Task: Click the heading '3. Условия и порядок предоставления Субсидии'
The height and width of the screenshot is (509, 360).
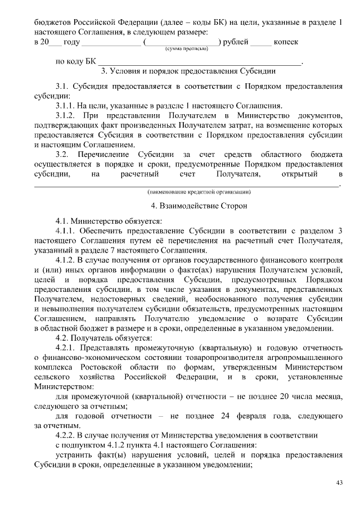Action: click(x=187, y=72)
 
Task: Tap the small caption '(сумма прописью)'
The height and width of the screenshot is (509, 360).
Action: click(x=186, y=49)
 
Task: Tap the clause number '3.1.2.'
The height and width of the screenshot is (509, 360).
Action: click(x=66, y=115)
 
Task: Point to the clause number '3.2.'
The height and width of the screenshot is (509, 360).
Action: click(x=62, y=154)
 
